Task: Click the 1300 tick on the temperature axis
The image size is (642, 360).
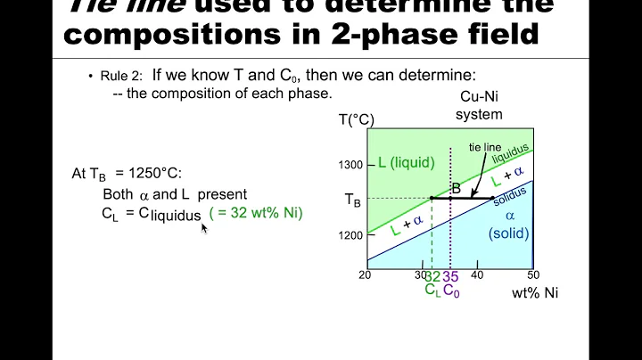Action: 350,164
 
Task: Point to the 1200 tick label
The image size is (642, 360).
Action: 350,235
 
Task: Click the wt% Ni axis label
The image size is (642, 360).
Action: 534,291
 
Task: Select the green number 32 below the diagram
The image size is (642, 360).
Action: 432,276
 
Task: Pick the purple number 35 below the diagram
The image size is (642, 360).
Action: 450,276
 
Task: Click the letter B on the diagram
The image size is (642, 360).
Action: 456,189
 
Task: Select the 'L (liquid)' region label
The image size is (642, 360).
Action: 406,162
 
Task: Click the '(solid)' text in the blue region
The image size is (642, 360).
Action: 509,233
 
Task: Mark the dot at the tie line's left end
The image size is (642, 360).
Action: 432,198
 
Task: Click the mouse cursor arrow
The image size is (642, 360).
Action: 204,227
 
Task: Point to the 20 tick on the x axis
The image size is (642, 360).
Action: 366,274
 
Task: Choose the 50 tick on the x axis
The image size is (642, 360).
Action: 533,274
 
